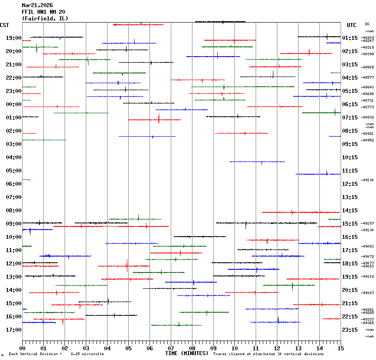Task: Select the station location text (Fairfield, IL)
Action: click(45, 18)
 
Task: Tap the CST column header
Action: click(5, 25)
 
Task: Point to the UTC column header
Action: click(352, 25)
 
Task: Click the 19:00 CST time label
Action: click(14, 38)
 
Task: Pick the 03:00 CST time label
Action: click(14, 144)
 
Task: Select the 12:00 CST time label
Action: click(14, 264)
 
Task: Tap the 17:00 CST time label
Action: click(14, 330)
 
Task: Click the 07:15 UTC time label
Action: click(350, 118)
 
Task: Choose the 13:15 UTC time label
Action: click(350, 197)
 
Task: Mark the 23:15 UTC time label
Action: click(350, 330)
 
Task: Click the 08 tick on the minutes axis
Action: click(192, 348)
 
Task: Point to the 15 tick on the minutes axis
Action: click(341, 348)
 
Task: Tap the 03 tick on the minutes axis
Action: click(86, 348)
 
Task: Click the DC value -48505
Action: click(368, 67)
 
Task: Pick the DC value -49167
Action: click(368, 293)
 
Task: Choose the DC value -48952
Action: click(368, 140)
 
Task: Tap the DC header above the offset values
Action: click(367, 24)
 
